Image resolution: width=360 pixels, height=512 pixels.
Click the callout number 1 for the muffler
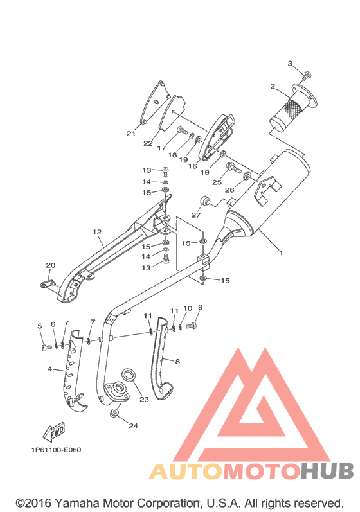(281, 252)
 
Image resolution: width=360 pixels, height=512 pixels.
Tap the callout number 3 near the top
(290, 63)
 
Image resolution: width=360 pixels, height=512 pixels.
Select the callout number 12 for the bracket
(97, 232)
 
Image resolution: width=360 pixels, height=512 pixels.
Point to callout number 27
(195, 215)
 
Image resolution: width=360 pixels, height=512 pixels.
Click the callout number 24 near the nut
(133, 425)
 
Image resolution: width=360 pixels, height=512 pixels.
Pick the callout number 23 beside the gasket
(144, 399)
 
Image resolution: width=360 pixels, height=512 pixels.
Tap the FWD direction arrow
(54, 432)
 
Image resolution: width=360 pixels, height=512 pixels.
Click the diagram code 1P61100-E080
(56, 450)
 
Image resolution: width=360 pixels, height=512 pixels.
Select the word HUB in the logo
(327, 470)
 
